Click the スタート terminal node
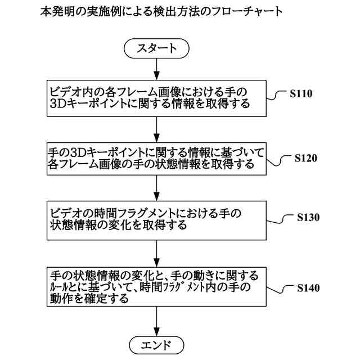(156, 49)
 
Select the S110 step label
(301, 94)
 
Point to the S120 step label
(306, 158)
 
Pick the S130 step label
(306, 218)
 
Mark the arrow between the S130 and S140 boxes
(156, 251)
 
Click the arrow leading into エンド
(156, 321)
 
